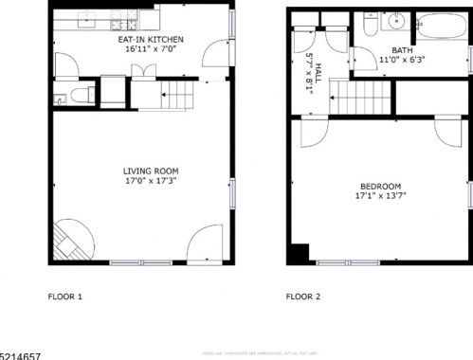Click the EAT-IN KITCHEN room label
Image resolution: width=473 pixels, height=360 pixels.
click(x=150, y=39)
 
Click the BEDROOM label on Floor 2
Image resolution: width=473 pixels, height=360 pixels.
click(x=380, y=187)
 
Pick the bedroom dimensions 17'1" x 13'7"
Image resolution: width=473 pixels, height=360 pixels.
click(x=380, y=196)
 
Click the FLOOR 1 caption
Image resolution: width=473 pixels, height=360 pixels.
click(x=65, y=297)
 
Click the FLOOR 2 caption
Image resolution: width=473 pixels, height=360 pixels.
click(x=303, y=297)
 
